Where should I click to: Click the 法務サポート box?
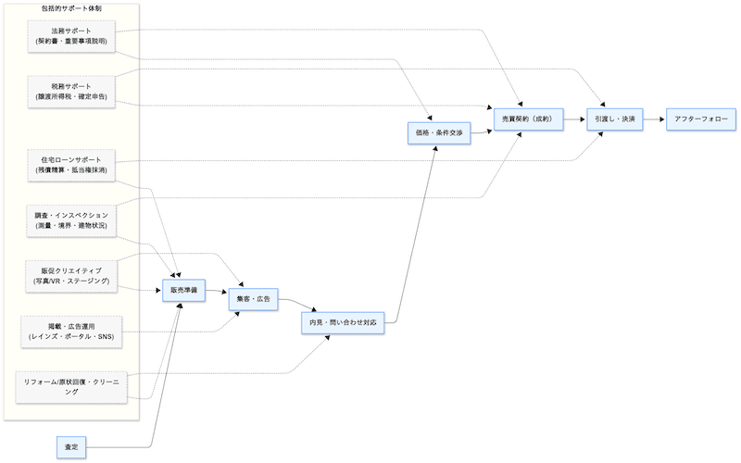click(71, 36)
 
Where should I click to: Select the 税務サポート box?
click(71, 90)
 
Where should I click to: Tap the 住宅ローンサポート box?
click(71, 165)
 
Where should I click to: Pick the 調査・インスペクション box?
click(71, 220)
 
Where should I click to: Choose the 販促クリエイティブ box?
click(71, 275)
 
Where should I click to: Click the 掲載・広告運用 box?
click(71, 330)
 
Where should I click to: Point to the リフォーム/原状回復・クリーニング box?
click(71, 386)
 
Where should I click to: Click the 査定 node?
click(71, 447)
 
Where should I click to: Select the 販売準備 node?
click(183, 290)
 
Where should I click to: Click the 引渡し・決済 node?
click(615, 119)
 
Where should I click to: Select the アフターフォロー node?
click(701, 119)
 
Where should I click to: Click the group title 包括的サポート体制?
click(71, 8)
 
